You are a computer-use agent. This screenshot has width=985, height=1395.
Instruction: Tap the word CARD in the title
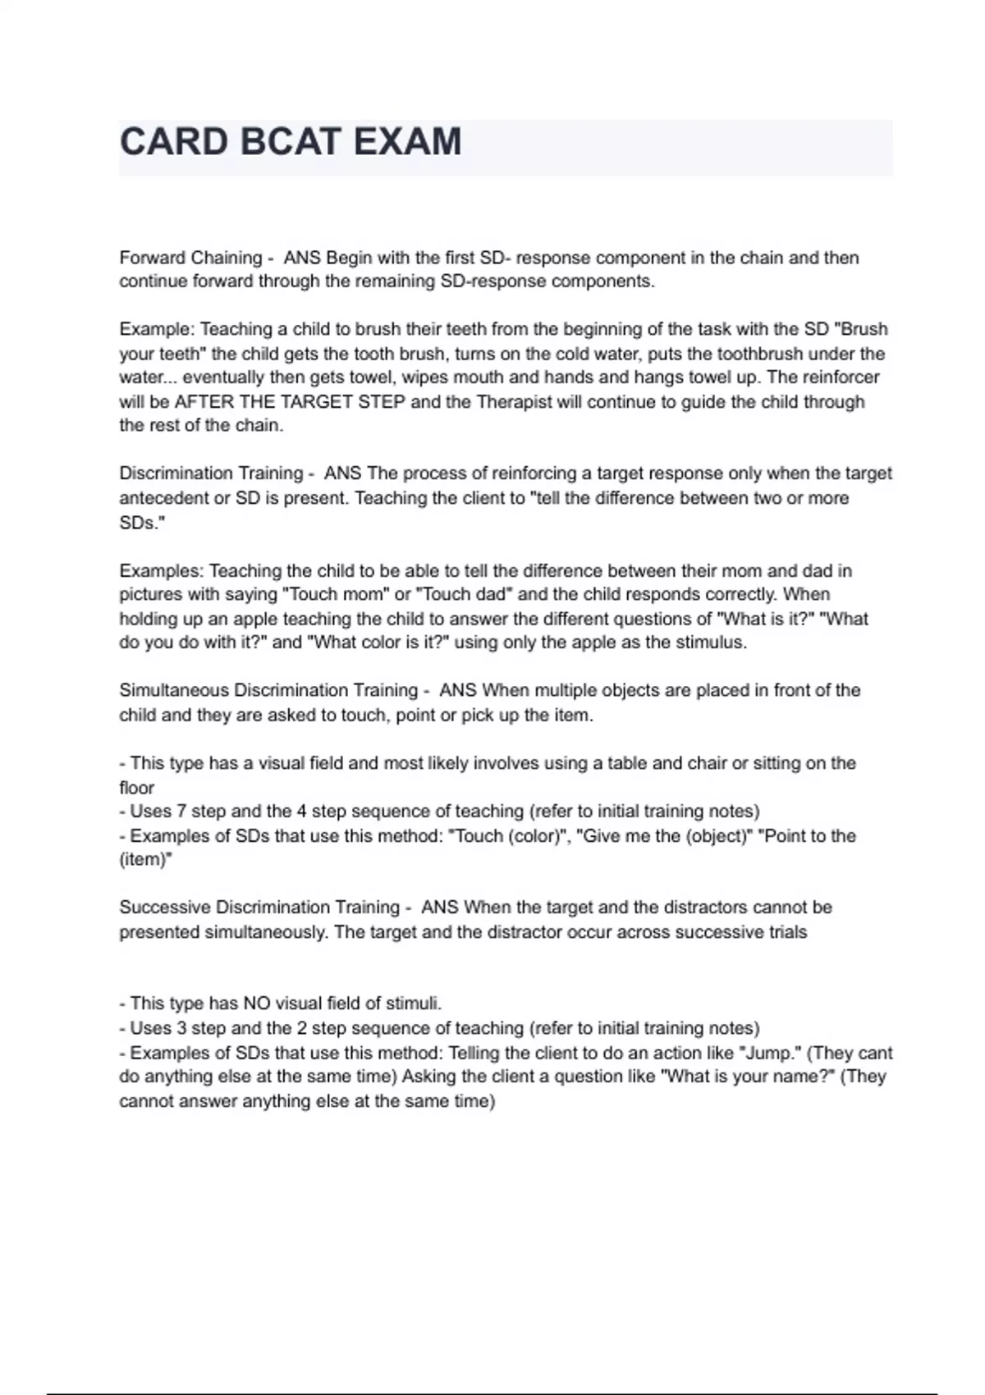173,141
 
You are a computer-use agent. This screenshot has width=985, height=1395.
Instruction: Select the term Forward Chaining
190,258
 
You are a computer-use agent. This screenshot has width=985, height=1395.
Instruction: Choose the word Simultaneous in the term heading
174,690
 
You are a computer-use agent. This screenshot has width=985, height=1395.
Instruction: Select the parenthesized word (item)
145,860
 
